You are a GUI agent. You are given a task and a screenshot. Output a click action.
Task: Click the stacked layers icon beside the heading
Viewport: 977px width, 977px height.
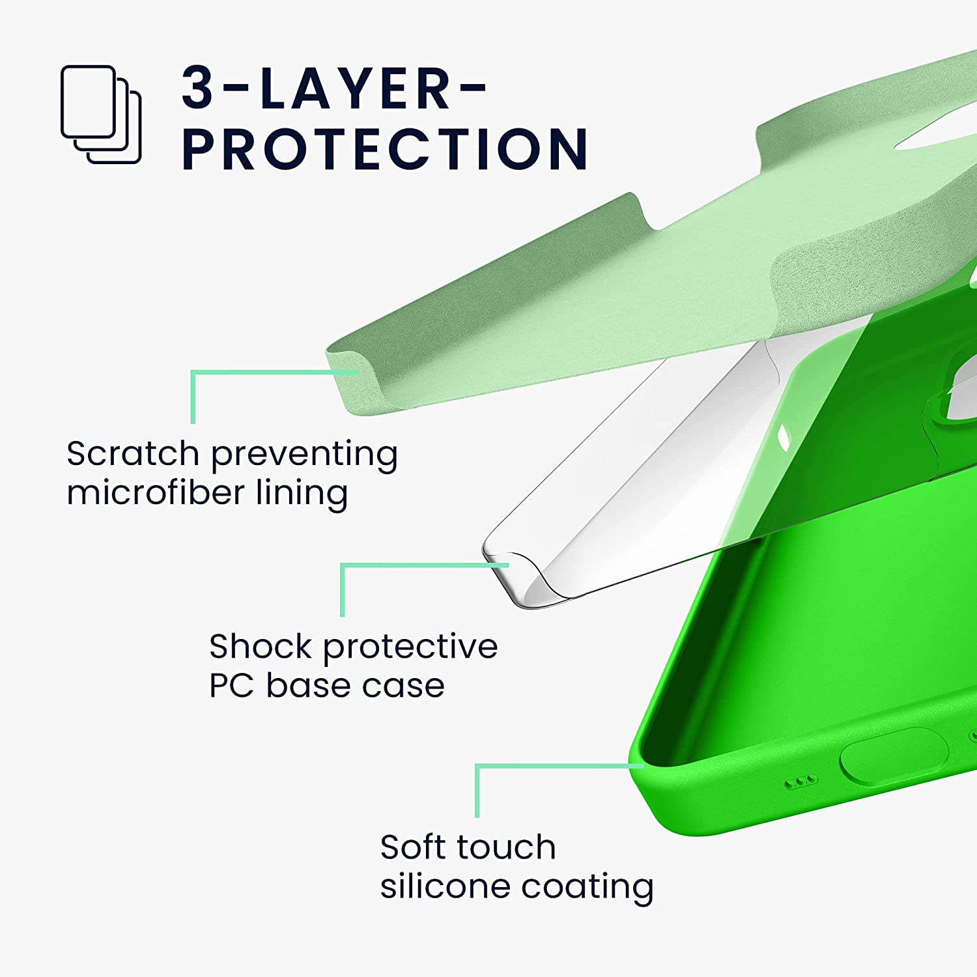pos(101,114)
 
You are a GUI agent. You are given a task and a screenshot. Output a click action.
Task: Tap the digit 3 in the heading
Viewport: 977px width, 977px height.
pos(197,87)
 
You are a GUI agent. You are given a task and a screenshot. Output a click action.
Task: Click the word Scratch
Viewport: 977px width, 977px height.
pos(133,453)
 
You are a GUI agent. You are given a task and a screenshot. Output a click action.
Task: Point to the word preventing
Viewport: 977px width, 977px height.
pos(304,457)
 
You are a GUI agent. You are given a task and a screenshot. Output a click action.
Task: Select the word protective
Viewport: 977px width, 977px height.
pos(410,649)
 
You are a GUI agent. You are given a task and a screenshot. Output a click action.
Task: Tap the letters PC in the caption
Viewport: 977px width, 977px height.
pos(231,685)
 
